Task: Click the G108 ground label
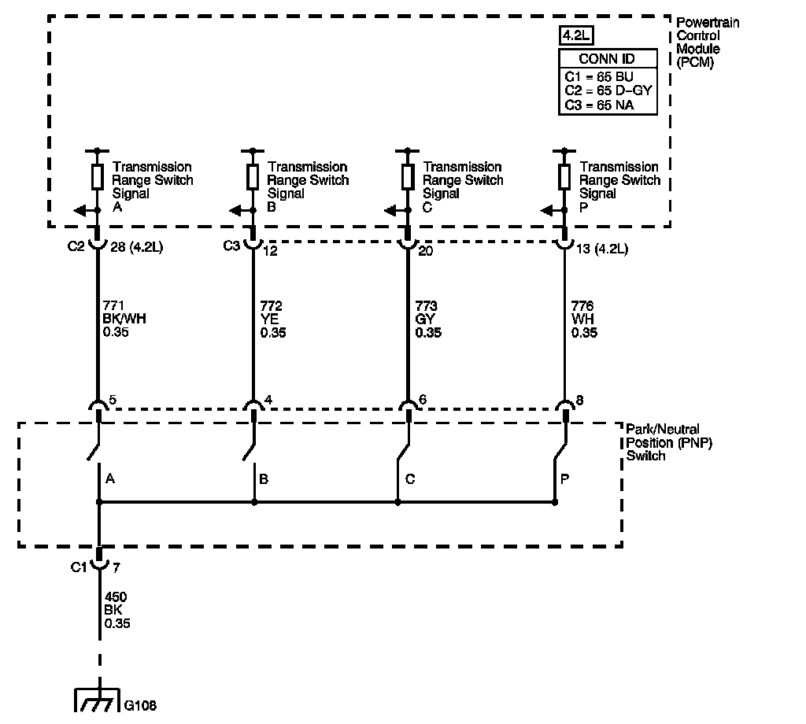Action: [x=140, y=705]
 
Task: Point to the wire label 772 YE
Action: [x=272, y=319]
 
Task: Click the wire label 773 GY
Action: [x=428, y=319]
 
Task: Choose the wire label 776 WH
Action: [x=584, y=319]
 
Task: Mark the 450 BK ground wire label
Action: [x=116, y=610]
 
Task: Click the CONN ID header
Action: [x=606, y=59]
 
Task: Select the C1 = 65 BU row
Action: [x=599, y=77]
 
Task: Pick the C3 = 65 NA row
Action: [x=599, y=105]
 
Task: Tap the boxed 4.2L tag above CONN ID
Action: [x=578, y=35]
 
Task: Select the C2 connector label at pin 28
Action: [x=75, y=247]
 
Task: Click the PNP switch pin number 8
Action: [x=580, y=401]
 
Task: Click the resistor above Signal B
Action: [x=253, y=177]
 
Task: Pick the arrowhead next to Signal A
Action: [x=79, y=210]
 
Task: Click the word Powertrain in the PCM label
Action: [x=708, y=23]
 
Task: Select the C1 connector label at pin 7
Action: [x=79, y=566]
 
